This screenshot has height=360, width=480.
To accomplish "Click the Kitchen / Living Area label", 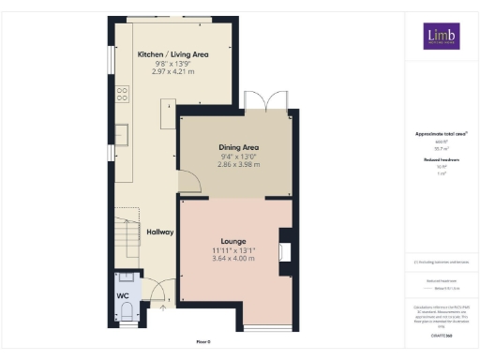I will point(172,55).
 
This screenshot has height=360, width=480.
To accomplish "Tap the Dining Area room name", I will point(238,148).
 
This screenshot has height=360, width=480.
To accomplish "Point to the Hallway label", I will point(158,232).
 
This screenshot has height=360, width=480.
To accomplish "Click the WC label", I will point(123,296).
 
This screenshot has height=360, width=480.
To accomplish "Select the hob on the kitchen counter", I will point(122,93).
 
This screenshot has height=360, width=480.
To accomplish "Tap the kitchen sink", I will point(122,131).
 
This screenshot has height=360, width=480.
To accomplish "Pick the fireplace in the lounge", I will point(284,251).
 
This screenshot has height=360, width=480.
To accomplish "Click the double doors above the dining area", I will point(256,100).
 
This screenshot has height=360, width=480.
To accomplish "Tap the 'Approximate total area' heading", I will point(440,134).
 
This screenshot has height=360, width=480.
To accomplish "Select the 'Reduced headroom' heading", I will point(440,160).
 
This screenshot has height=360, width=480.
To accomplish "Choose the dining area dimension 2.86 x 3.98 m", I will point(238,164).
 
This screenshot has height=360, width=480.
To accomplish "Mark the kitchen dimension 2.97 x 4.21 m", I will point(172,71).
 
